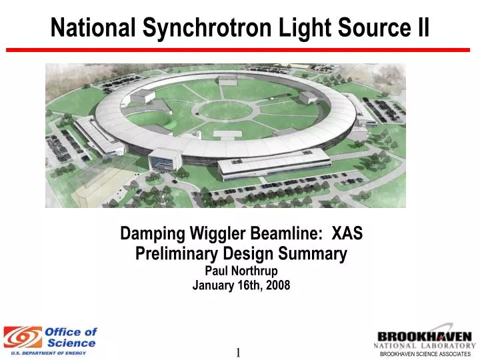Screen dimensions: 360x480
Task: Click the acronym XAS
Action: coord(347,234)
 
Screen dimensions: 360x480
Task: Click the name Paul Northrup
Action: coord(241,271)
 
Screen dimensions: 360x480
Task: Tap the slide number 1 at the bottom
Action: coord(237,353)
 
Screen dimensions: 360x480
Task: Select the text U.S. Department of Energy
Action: coord(48,353)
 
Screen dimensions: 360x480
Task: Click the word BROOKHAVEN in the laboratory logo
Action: coord(425,337)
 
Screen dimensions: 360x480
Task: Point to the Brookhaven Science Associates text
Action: coord(425,354)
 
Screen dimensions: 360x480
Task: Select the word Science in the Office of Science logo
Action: coord(73,343)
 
